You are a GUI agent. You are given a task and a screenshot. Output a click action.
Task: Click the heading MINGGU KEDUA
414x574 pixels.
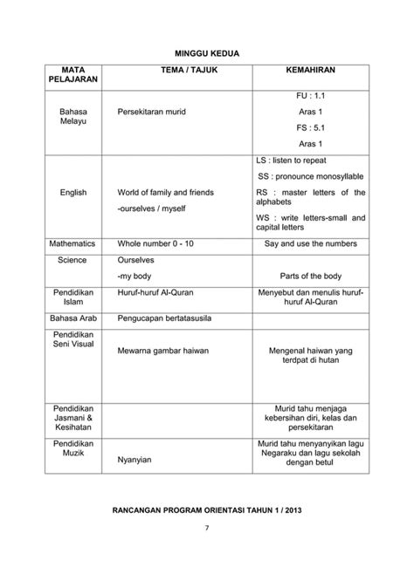(x=206, y=54)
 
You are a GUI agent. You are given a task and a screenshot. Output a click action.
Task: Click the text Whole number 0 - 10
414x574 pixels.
(x=155, y=244)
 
